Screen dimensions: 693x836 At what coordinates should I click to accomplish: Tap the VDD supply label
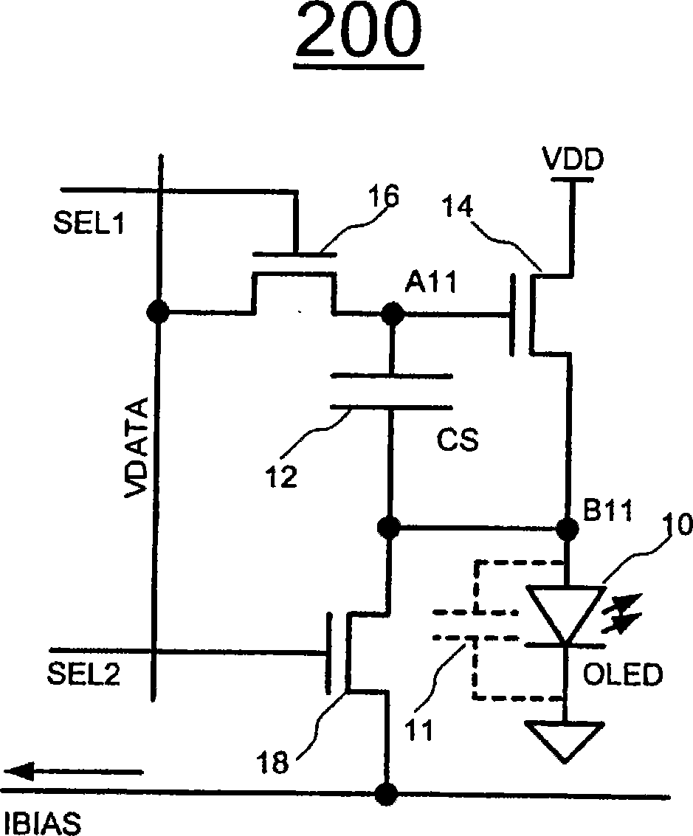tap(573, 159)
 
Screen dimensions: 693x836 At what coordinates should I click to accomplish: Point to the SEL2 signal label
tap(83, 674)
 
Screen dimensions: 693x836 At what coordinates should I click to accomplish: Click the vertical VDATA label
tap(135, 448)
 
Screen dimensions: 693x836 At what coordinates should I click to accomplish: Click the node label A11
tap(431, 282)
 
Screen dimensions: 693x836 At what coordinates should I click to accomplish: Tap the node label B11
tap(607, 511)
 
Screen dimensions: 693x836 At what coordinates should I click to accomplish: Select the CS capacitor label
tap(458, 441)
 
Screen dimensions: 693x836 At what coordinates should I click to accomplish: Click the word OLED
tap(622, 674)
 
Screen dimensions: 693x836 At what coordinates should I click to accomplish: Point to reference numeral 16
tap(383, 196)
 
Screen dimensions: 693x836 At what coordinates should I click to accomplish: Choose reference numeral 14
tap(458, 207)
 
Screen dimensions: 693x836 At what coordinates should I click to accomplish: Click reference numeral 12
tap(281, 476)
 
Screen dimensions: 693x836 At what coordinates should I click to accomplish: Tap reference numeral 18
tap(272, 762)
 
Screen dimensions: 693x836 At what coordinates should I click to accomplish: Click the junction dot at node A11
tap(393, 313)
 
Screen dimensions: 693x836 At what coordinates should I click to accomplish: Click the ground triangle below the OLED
tap(565, 741)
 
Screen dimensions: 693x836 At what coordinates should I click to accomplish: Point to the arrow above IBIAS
tap(74, 772)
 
